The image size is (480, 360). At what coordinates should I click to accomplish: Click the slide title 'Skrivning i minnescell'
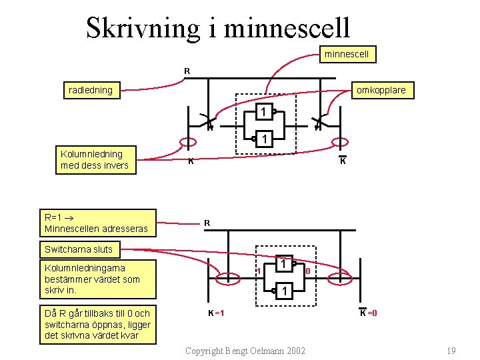click(218, 27)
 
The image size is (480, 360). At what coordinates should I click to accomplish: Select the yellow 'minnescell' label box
click(347, 53)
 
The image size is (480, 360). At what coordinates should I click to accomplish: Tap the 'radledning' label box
click(91, 90)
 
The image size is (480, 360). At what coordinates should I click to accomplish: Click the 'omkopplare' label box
click(381, 90)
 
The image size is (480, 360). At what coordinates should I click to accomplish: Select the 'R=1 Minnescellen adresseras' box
click(98, 223)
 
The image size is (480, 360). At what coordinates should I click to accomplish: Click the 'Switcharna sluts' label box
click(79, 250)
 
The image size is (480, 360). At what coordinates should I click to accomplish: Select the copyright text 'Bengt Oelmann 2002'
click(245, 351)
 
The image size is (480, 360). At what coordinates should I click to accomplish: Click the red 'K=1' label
click(215, 313)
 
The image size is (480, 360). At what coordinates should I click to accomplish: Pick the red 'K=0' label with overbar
click(369, 313)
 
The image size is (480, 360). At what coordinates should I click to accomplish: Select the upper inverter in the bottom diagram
click(284, 265)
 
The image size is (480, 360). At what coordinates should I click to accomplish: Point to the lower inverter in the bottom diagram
click(284, 291)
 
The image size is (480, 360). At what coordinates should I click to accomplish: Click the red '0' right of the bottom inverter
click(307, 271)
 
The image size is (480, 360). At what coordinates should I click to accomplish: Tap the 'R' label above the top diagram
click(187, 71)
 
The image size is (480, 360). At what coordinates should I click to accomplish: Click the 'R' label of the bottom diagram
click(207, 223)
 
